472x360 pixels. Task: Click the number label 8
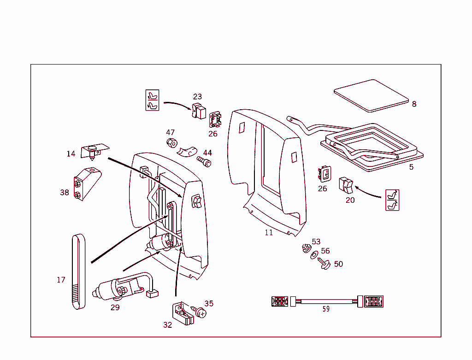coord(414,104)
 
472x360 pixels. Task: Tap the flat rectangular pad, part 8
coord(371,95)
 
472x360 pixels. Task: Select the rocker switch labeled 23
coord(199,111)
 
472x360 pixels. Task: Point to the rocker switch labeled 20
coord(347,185)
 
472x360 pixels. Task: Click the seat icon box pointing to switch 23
coord(152,100)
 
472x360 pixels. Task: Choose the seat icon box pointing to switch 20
coord(392,200)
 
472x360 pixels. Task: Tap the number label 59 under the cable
coord(326,309)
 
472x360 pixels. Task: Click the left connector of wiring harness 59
coord(280,301)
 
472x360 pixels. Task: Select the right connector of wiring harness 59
coord(373,301)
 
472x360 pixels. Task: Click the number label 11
coord(269,233)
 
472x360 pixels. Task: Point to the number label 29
coord(115,307)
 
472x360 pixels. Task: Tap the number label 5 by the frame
coord(411,167)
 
